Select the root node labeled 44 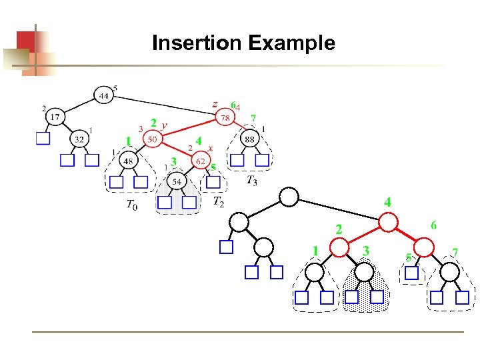(104, 95)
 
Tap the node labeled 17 (55, 117)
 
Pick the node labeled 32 (79, 139)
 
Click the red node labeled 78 (225, 118)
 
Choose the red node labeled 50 (153, 139)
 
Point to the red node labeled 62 (200, 160)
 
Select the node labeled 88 (249, 139)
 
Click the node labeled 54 (177, 181)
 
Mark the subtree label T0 (132, 205)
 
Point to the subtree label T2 (218, 201)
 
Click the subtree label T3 (251, 180)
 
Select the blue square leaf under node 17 (43, 139)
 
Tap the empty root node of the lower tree (289, 197)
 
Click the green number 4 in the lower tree (387, 201)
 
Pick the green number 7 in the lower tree (455, 251)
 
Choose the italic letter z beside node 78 (215, 104)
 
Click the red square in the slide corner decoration (25, 41)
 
